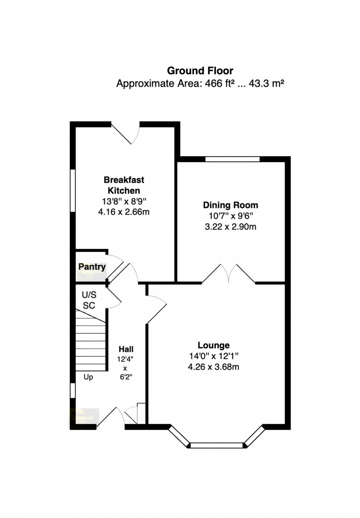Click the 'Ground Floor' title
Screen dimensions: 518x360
pos(200,71)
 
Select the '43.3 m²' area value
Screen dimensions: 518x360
pos(266,83)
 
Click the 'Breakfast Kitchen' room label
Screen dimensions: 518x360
pos(124,185)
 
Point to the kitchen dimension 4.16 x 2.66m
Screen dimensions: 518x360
pos(124,212)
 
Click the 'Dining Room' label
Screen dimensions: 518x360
pos(230,205)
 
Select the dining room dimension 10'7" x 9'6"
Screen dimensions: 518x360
pos(230,216)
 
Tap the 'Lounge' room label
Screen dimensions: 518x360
pos(213,345)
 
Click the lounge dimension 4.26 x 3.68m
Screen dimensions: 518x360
pos(213,367)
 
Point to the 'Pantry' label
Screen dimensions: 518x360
pos(92,267)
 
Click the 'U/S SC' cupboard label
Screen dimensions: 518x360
pos(89,300)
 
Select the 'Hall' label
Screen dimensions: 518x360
pos(126,349)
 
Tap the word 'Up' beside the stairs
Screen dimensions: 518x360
pos(88,377)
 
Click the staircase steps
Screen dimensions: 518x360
pos(91,340)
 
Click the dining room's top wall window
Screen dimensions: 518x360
pos(232,159)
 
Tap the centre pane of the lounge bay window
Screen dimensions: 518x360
pos(217,446)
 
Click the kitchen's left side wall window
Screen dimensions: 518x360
pos(73,190)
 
